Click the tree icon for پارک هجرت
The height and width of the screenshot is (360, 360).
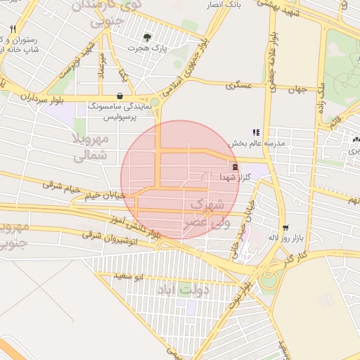pyautogui.click(x=147, y=37)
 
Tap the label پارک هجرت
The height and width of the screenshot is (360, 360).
pyautogui.click(x=147, y=48)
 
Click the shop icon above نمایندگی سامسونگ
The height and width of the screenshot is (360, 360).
pyautogui.click(x=119, y=95)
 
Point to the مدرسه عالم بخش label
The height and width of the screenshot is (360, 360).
pyautogui.click(x=257, y=143)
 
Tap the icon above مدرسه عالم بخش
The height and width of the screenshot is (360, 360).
pyautogui.click(x=257, y=132)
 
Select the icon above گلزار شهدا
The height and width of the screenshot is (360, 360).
pyautogui.click(x=234, y=167)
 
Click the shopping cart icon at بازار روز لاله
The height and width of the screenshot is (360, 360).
pyautogui.click(x=285, y=228)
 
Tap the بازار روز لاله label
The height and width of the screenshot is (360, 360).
pyautogui.click(x=284, y=239)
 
